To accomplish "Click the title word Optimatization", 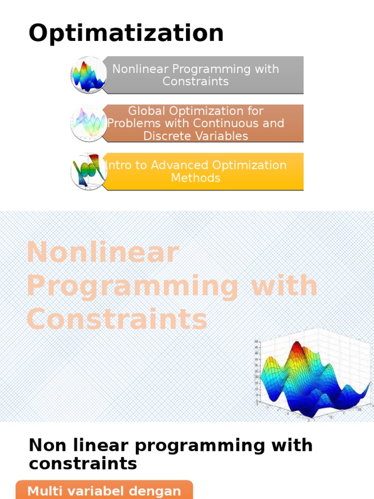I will pyautogui.click(x=126, y=34).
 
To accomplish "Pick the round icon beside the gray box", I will pyautogui.click(x=89, y=75).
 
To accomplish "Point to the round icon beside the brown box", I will pyautogui.click(x=89, y=123).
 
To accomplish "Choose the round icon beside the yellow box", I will pyautogui.click(x=89, y=171).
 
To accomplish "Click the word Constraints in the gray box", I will pyautogui.click(x=195, y=81).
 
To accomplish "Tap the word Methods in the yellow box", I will pyautogui.click(x=195, y=178).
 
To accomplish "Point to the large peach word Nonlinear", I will pyautogui.click(x=103, y=253).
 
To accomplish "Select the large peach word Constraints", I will pyautogui.click(x=117, y=320).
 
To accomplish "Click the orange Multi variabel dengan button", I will pyautogui.click(x=104, y=490).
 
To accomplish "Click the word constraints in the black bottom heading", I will pyautogui.click(x=83, y=464).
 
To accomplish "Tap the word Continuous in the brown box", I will pyautogui.click(x=231, y=123).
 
